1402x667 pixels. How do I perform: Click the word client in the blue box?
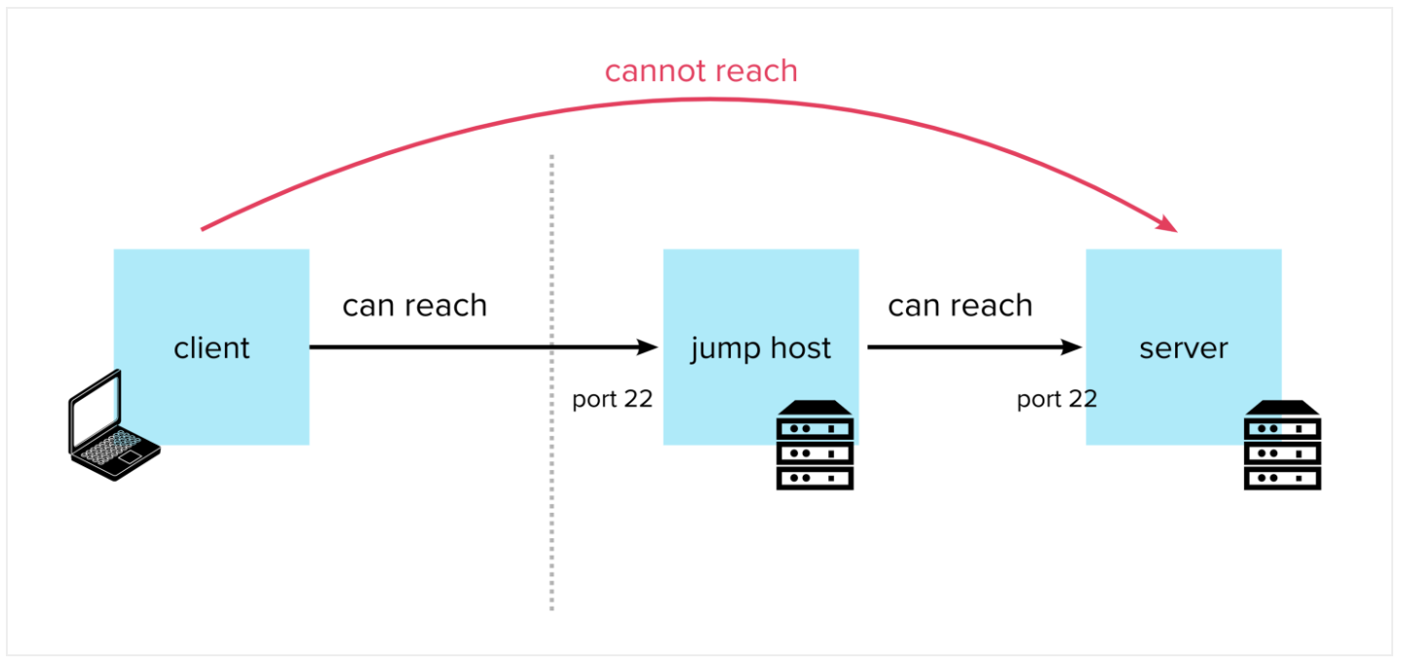[211, 347]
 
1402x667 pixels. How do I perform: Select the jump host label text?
[761, 349]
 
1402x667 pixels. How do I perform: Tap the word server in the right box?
[1184, 349]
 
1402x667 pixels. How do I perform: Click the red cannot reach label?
[701, 71]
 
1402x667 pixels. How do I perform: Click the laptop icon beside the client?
[114, 425]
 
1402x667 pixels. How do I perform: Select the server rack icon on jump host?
[815, 446]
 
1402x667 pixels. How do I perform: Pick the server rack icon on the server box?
[1282, 446]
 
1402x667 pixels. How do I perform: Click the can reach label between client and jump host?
[414, 305]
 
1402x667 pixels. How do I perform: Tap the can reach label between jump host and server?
[960, 305]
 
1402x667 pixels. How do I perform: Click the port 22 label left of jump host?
[612, 399]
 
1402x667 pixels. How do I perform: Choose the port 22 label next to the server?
[1057, 399]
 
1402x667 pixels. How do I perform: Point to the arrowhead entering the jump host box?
[647, 347]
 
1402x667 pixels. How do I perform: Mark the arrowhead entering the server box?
[1072, 347]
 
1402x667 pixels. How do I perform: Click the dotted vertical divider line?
[551, 382]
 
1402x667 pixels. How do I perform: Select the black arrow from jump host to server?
[974, 347]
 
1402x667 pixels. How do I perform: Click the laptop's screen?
[95, 408]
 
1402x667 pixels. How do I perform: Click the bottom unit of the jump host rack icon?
[815, 478]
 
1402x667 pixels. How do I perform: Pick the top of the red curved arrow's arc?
[701, 98]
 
